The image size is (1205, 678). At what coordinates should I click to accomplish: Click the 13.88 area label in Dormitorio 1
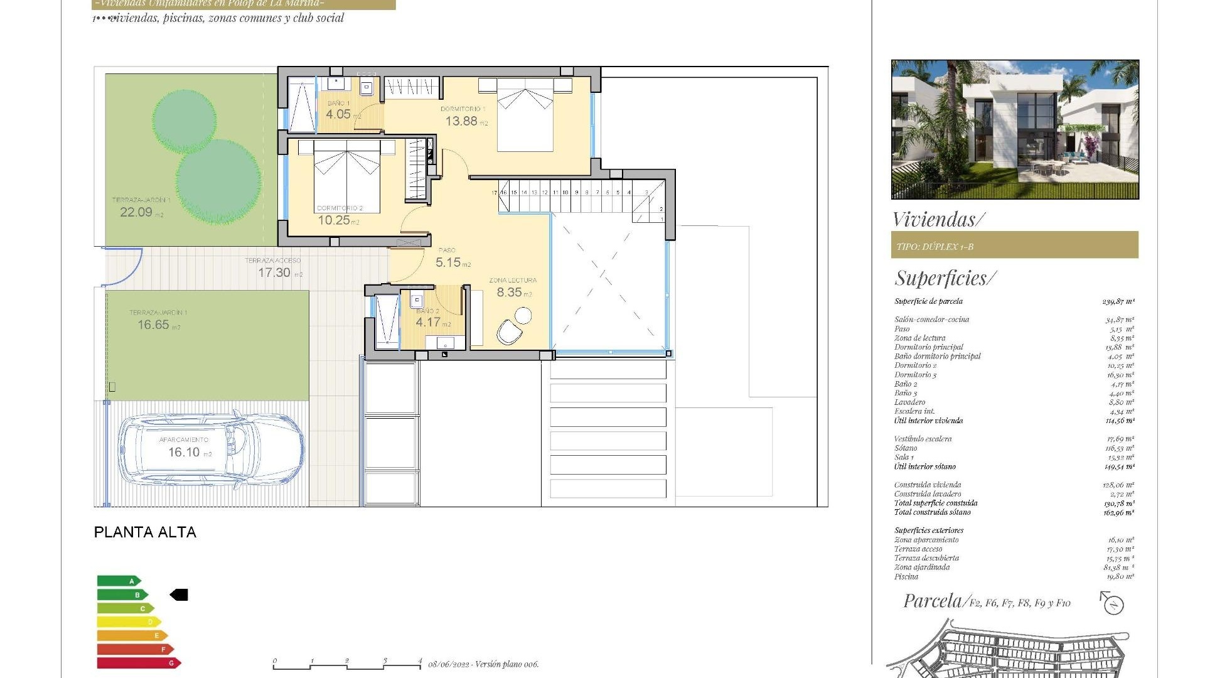pos(461,121)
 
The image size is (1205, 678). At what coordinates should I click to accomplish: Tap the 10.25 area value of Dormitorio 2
pos(334,220)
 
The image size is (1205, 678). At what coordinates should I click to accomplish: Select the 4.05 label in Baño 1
pos(338,114)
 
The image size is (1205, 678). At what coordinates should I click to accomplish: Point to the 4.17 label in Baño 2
pos(428,323)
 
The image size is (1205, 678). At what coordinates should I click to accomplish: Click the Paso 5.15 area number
pos(448,262)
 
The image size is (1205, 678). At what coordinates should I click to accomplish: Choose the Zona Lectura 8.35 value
pos(509,293)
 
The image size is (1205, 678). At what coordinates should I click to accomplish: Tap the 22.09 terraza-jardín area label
pos(136,212)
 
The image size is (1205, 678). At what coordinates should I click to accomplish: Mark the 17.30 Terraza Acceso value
pos(274,273)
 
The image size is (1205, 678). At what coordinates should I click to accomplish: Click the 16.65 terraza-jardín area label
pos(154,325)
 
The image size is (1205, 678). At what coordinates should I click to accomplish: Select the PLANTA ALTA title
pos(145,532)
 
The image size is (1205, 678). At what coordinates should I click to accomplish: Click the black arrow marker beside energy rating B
pos(179,595)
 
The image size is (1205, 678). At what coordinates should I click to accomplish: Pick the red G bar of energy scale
pos(138,663)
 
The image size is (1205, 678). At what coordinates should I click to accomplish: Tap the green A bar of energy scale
pos(119,581)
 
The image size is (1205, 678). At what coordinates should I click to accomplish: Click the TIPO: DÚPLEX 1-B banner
pos(1014,245)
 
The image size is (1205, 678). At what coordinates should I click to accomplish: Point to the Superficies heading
pos(945,278)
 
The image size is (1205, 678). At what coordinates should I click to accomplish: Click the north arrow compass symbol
pos(1113,603)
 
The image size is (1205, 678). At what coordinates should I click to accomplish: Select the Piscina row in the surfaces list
pos(1014,576)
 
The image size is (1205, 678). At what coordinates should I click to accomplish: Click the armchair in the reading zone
pos(509,332)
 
